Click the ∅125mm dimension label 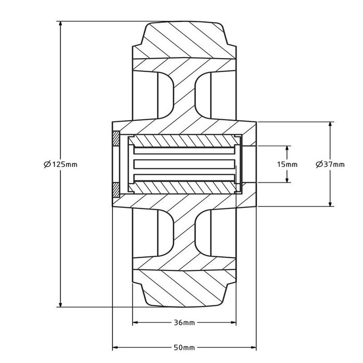(x=61, y=164)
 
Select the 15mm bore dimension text (x=287, y=164)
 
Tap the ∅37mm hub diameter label (x=330, y=164)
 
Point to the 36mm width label (x=185, y=323)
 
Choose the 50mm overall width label (x=185, y=347)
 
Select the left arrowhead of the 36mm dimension (x=136, y=323)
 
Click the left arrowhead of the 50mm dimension (x=115, y=347)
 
